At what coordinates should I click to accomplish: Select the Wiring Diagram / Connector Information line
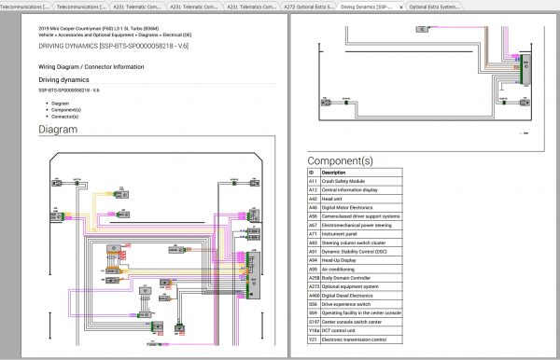91,67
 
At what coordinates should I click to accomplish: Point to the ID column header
312,173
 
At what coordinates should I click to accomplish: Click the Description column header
334,173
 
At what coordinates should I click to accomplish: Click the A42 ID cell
313,198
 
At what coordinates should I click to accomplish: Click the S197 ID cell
313,321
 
